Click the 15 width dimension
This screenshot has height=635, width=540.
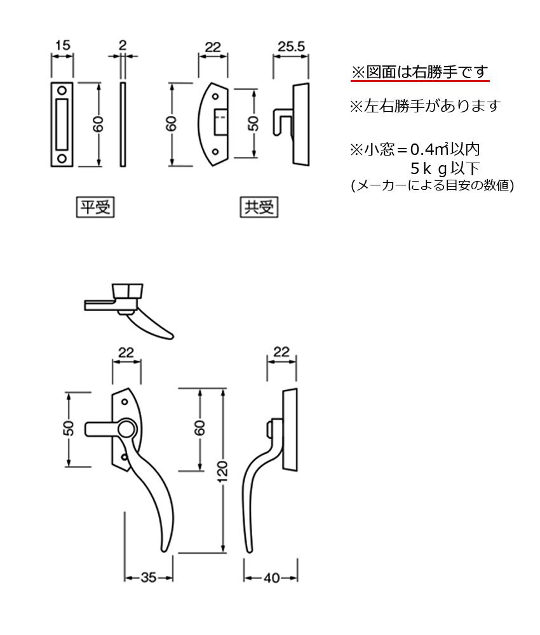pyautogui.click(x=62, y=46)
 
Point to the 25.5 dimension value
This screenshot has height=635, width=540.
pyautogui.click(x=292, y=46)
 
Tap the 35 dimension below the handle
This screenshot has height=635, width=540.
pyautogui.click(x=149, y=577)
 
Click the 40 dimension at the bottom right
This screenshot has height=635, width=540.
pyautogui.click(x=271, y=577)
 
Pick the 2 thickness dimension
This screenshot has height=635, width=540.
pyautogui.click(x=123, y=46)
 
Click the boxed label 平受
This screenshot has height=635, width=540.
pyautogui.click(x=95, y=208)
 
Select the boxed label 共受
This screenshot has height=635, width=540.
pyautogui.click(x=259, y=208)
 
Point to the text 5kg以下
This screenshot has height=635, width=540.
pyautogui.click(x=445, y=169)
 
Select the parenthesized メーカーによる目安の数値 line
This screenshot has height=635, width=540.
pyautogui.click(x=432, y=186)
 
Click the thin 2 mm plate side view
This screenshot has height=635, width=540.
pyautogui.click(x=123, y=124)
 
